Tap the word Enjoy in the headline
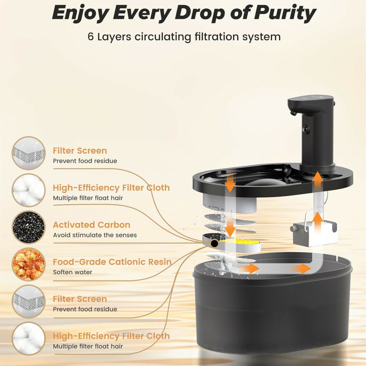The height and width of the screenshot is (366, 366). pyautogui.click(x=81, y=13)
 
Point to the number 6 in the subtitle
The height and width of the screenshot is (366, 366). pyautogui.click(x=91, y=37)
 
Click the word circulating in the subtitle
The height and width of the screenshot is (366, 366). pyautogui.click(x=163, y=37)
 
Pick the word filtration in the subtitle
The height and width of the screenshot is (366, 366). pyautogui.click(x=216, y=37)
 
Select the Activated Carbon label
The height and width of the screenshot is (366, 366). pyautogui.click(x=91, y=225)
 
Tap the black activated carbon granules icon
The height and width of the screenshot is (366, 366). pyautogui.click(x=29, y=227)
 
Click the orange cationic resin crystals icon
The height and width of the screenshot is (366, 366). pyautogui.click(x=29, y=264)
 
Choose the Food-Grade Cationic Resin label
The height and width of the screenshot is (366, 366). pyautogui.click(x=112, y=262)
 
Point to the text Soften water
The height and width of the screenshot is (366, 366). pyautogui.click(x=73, y=272)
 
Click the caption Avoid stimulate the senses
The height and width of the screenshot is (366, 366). pyautogui.click(x=95, y=235)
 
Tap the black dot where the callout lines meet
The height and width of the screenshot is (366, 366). pyautogui.click(x=214, y=243)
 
